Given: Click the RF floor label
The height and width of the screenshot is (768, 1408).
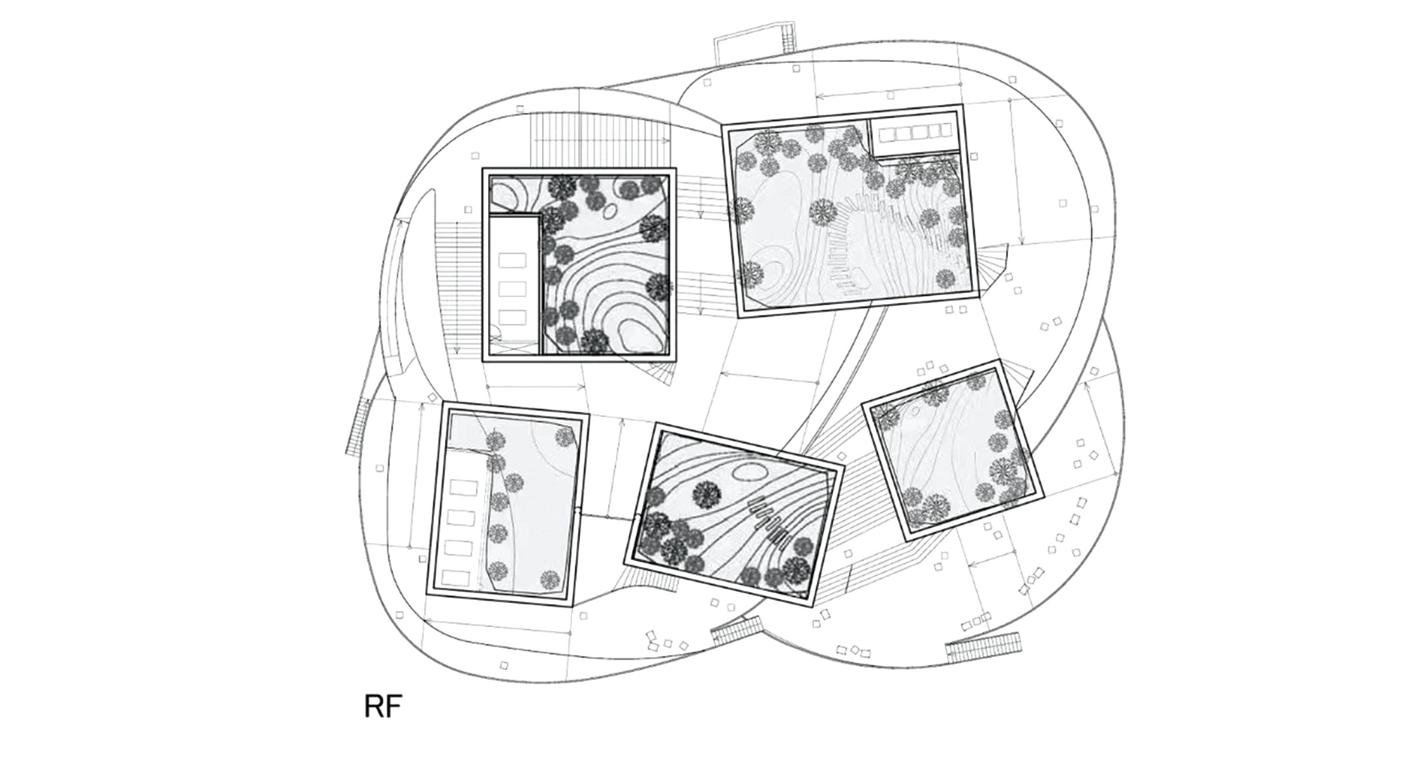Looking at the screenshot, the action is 383,706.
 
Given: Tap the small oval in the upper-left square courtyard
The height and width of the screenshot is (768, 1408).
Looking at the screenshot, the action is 610,211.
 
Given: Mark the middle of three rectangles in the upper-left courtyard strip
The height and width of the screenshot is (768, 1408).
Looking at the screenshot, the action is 512,288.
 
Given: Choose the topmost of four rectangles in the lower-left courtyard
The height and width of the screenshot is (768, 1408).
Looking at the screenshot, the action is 463,487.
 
